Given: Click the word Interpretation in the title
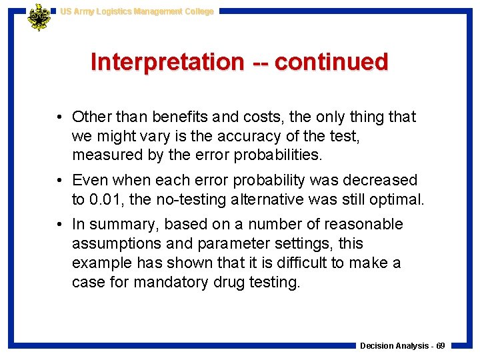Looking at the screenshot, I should (x=167, y=62).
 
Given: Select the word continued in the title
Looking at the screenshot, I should (x=331, y=62).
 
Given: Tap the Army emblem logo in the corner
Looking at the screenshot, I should (x=39, y=17).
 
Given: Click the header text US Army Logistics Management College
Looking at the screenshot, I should (x=137, y=11).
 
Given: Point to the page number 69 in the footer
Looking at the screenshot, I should (x=441, y=346).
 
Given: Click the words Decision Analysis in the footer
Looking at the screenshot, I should (x=393, y=346).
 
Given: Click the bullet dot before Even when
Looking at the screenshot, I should (x=60, y=180).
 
